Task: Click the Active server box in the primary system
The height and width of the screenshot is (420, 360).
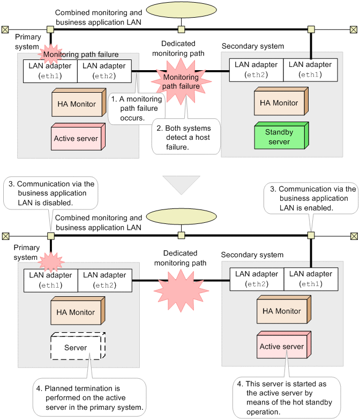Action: pos(76,138)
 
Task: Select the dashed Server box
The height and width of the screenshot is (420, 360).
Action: pos(76,347)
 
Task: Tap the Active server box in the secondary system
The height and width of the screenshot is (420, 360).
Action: pos(281,346)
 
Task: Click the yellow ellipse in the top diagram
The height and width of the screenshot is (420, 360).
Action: pos(181,11)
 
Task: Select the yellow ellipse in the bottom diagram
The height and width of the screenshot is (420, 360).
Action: pos(181,217)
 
